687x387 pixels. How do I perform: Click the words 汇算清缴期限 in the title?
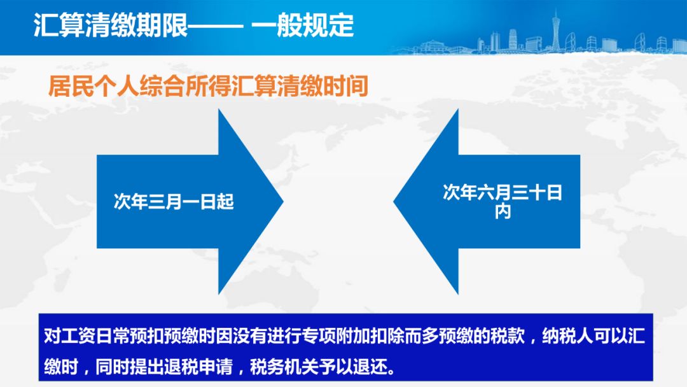(111, 25)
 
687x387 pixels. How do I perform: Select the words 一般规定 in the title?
(303, 25)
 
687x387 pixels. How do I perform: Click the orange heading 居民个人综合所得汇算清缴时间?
(208, 86)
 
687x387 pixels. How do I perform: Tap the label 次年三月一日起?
(174, 202)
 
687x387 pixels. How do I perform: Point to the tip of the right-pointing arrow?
(284, 202)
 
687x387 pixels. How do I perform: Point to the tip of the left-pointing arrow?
(394, 202)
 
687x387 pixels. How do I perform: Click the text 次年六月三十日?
(503, 193)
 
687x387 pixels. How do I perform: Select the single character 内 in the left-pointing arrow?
(503, 212)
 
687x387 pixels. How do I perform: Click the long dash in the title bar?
(216, 26)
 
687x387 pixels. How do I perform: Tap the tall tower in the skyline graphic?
(555, 30)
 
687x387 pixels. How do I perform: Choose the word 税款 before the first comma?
(507, 336)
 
